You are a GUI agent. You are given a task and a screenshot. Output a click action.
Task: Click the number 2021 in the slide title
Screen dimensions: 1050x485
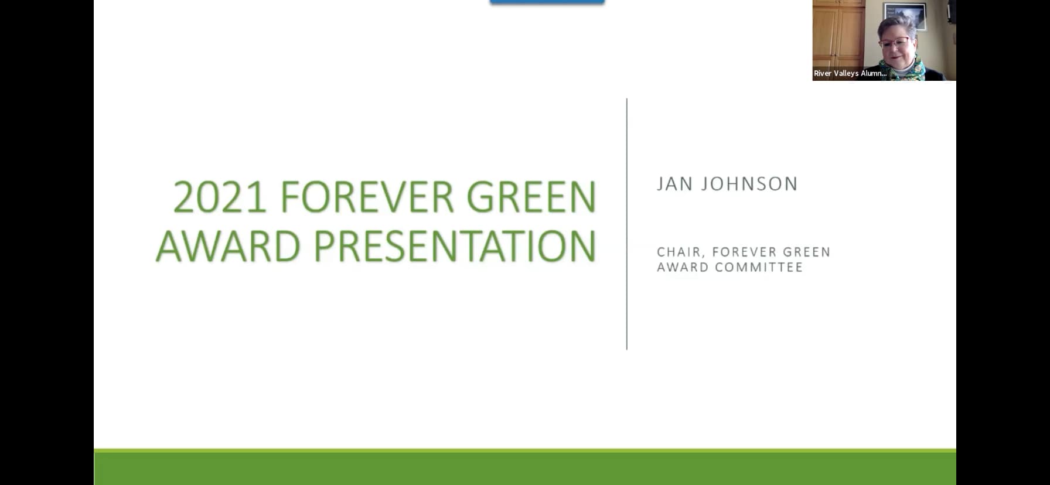(x=220, y=197)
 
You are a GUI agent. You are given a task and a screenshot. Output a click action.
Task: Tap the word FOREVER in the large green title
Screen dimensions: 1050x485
(x=367, y=197)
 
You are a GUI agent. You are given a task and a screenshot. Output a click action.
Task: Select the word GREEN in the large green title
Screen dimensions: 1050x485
(x=531, y=197)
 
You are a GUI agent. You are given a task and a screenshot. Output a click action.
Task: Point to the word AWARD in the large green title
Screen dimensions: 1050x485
(x=229, y=246)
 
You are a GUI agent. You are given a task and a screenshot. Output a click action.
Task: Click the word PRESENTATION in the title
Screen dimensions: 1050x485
(x=455, y=246)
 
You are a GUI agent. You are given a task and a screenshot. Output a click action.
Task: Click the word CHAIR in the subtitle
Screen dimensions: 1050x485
(x=679, y=252)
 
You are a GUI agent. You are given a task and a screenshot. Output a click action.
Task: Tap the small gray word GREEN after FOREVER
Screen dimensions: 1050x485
(x=807, y=252)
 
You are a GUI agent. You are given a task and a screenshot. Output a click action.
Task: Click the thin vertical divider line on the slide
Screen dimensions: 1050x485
(x=627, y=224)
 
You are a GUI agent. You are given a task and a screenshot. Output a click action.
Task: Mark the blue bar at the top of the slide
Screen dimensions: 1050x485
(x=547, y=2)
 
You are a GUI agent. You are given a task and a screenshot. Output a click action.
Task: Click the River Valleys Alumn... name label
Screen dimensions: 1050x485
(x=850, y=73)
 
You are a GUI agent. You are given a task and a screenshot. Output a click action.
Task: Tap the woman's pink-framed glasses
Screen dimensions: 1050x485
(x=895, y=43)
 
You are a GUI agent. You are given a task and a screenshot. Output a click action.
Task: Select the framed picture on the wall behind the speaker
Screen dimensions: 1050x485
(x=905, y=16)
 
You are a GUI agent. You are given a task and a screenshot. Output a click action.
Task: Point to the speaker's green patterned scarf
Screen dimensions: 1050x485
(x=902, y=70)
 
